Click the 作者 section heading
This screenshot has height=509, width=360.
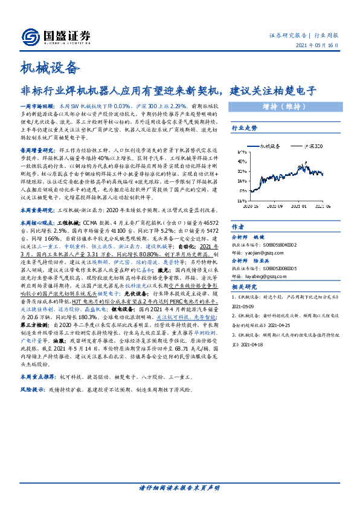point(238,227)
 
